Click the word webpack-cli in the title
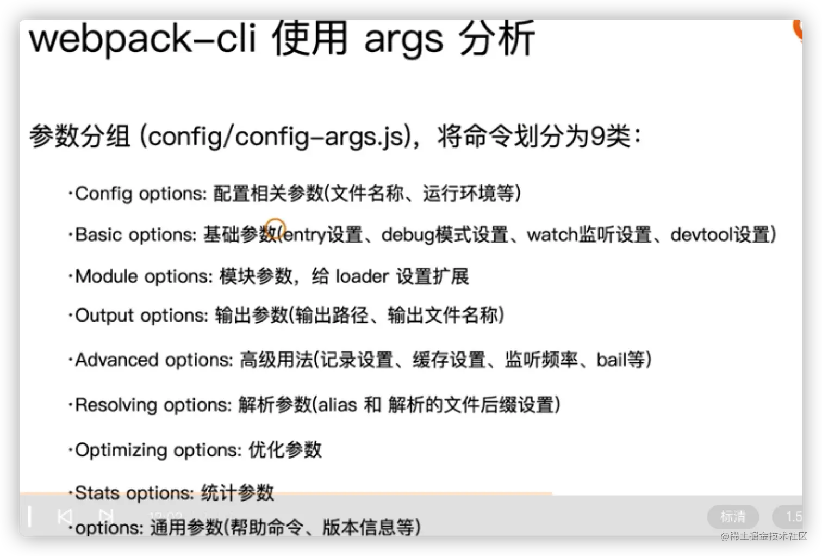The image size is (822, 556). (142, 39)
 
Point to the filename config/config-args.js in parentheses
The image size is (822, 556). (277, 136)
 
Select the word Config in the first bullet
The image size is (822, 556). (103, 194)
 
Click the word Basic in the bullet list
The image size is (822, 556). (98, 234)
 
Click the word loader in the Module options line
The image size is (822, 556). (362, 276)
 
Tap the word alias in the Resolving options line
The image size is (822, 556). (337, 405)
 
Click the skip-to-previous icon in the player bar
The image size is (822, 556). (65, 516)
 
